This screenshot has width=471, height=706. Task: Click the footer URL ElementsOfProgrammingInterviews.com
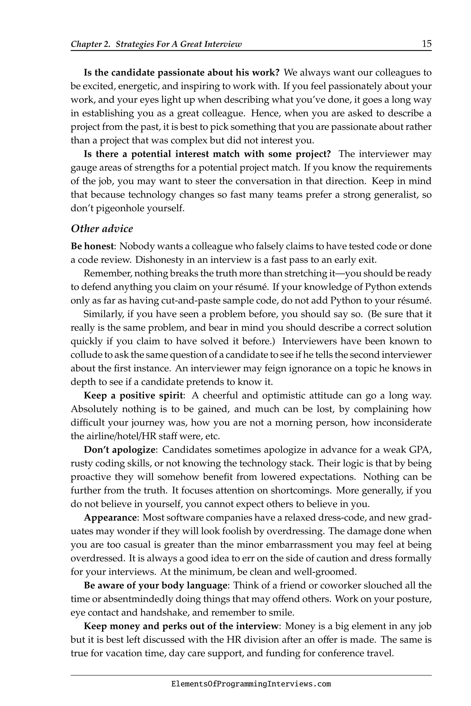(x=251, y=684)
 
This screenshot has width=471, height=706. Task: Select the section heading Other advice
(x=102, y=229)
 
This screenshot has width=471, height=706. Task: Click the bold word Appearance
(x=110, y=518)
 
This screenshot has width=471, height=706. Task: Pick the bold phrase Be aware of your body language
(x=155, y=585)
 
